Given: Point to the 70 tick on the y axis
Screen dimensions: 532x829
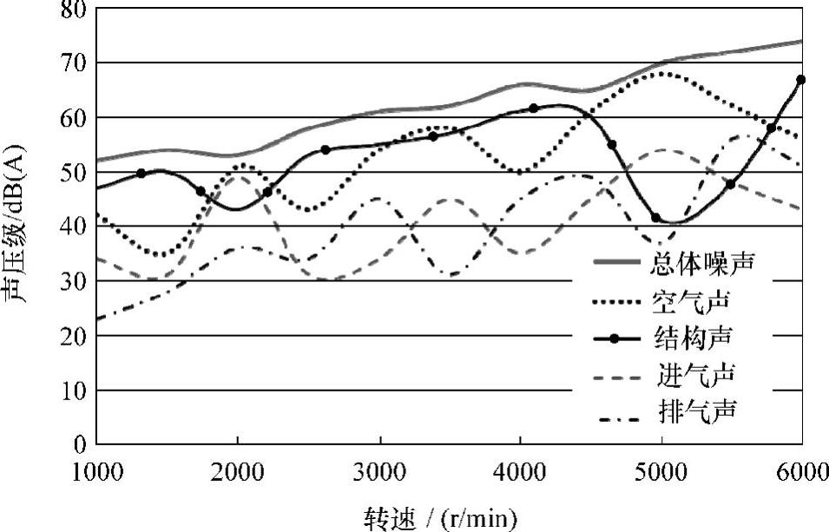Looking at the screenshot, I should tap(73, 62).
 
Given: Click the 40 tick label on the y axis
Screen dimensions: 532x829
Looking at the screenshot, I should tap(73, 227).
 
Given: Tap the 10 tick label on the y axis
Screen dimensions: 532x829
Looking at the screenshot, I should tap(73, 391).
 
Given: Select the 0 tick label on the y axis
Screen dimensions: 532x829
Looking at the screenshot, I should tap(80, 444).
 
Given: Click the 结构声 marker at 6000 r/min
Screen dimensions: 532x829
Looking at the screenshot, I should tap(800, 80).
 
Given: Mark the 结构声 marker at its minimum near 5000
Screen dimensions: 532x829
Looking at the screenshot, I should tap(655, 218).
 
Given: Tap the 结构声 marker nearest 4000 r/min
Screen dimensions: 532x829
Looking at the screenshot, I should tap(533, 108).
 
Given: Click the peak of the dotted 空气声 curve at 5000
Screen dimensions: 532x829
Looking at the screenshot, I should tap(661, 73).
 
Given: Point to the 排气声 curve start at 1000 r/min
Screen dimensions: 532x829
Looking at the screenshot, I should tap(97, 319).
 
